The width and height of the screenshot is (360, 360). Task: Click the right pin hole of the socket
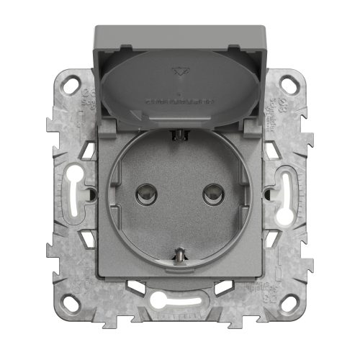[x=210, y=193]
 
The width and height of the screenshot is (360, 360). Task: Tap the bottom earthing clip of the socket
[x=179, y=254]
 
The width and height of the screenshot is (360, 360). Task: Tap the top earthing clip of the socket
[x=179, y=133]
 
